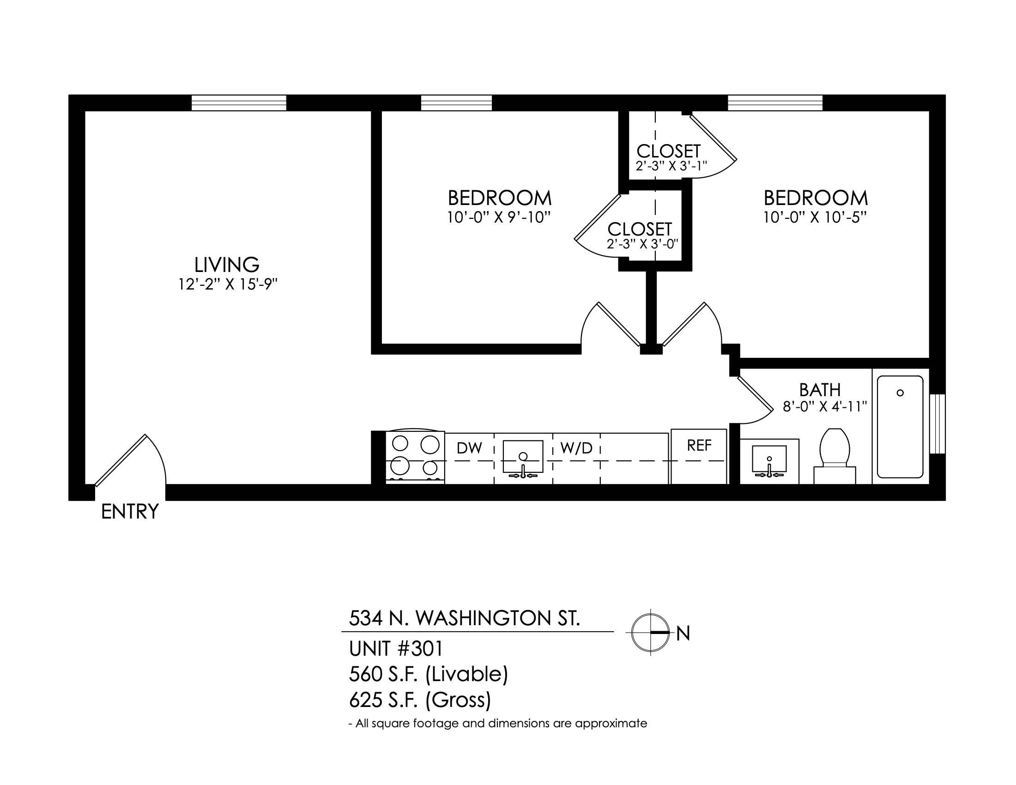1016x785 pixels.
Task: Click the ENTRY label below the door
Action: click(x=130, y=512)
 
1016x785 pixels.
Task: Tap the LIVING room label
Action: click(x=227, y=265)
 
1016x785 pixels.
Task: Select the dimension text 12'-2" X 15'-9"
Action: click(x=228, y=284)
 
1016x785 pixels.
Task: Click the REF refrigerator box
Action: click(x=699, y=456)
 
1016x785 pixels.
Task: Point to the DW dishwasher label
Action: click(x=469, y=448)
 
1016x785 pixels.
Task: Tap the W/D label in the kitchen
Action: click(x=576, y=448)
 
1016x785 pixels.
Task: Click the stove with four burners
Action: click(x=416, y=457)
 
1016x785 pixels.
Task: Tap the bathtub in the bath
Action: click(x=900, y=427)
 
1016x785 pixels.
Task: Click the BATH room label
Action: click(x=820, y=389)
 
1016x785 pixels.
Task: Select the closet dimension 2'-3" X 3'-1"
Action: click(x=671, y=166)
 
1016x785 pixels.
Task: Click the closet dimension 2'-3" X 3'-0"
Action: click(x=642, y=243)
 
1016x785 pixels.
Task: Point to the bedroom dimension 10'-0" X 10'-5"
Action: click(x=815, y=217)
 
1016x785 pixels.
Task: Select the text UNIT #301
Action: click(x=396, y=649)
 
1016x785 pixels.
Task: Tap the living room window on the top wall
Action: click(x=239, y=103)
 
